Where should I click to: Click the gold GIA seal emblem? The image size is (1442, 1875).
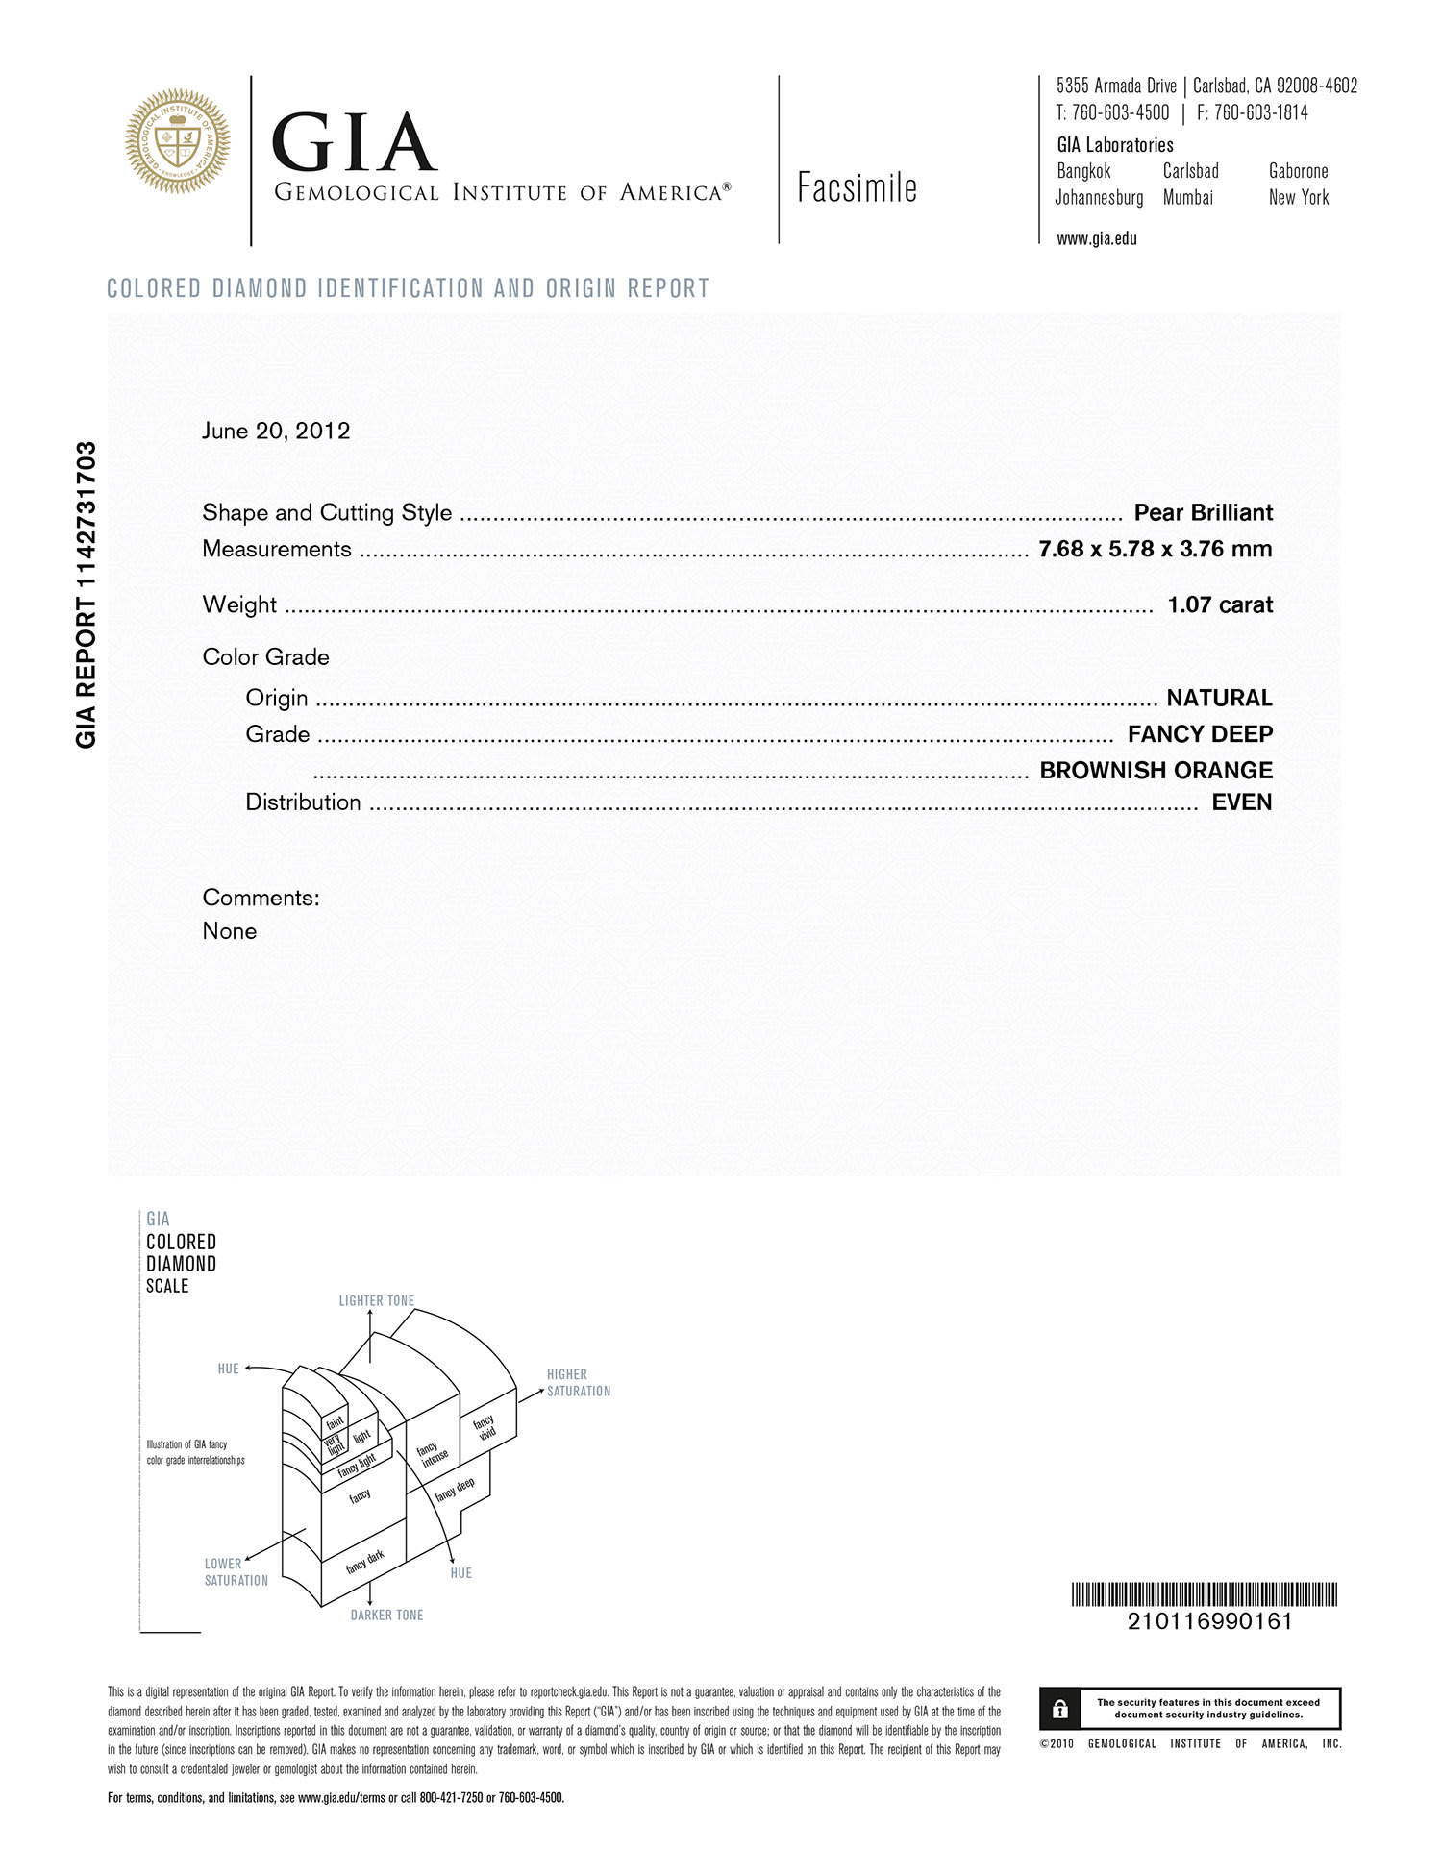178,141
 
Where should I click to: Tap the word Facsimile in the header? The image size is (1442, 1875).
857,188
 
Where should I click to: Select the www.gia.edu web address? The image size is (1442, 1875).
1096,239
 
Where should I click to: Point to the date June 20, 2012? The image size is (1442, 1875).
276,431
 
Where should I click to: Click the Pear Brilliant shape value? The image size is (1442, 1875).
1203,512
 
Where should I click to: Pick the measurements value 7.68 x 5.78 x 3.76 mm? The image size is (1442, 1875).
1155,549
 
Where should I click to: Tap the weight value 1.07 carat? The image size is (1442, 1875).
1219,604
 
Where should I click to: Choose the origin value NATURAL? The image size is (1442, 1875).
1219,698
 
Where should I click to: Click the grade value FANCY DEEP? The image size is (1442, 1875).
1200,734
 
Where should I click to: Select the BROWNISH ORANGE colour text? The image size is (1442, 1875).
1156,770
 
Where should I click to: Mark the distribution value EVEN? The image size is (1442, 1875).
1241,802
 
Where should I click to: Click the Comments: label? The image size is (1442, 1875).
261,898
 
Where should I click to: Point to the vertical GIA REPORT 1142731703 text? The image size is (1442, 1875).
86,595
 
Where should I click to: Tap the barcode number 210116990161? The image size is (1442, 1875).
1209,1621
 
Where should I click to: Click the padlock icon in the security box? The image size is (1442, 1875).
1060,1709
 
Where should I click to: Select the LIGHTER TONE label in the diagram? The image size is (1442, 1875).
376,1301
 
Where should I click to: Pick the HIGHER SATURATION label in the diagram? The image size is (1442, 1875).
578,1383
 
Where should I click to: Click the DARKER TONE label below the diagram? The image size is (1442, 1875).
386,1616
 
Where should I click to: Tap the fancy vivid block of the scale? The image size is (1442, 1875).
485,1427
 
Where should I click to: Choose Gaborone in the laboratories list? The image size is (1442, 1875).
1298,171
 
